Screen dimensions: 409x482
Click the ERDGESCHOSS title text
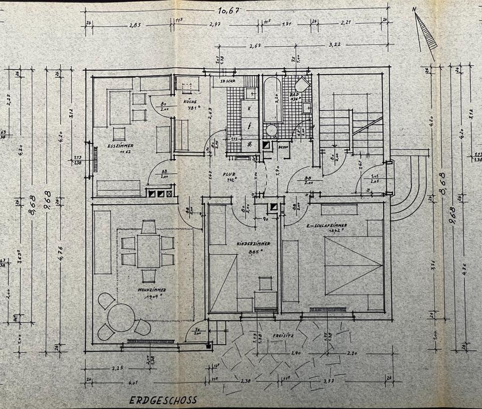coord(163,400)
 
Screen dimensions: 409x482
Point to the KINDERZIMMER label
coord(253,243)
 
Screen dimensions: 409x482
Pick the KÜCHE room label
coord(189,101)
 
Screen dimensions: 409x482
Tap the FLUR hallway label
coord(229,174)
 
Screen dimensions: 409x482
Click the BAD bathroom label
coord(294,94)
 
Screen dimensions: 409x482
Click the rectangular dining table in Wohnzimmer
coord(149,250)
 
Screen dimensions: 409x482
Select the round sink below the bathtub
coord(272,130)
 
